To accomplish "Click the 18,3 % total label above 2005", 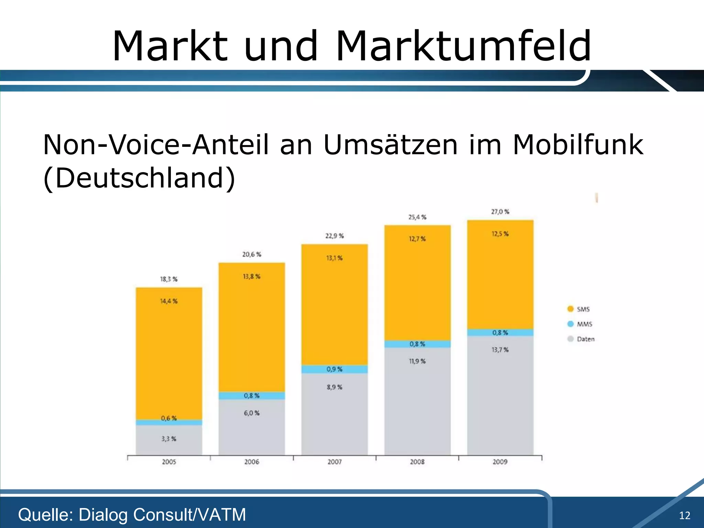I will click(169, 279).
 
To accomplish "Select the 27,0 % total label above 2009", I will click(500, 212).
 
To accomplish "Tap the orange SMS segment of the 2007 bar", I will click(334, 309).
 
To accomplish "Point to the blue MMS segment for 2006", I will click(252, 396).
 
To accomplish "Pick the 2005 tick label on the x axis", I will click(169, 462).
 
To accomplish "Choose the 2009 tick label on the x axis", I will click(500, 462).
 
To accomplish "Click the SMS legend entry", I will click(579, 309).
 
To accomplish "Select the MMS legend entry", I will click(580, 324).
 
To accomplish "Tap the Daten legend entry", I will click(581, 339).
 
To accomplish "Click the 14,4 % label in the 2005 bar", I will click(169, 301).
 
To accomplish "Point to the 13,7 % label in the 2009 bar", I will click(500, 350).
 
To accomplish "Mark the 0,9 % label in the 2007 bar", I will click(334, 369).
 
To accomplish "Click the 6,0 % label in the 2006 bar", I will click(252, 413).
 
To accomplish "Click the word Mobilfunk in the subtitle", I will click(577, 145).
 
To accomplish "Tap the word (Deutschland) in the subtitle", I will click(139, 178).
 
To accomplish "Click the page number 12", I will click(684, 515).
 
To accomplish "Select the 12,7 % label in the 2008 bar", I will click(417, 239).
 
